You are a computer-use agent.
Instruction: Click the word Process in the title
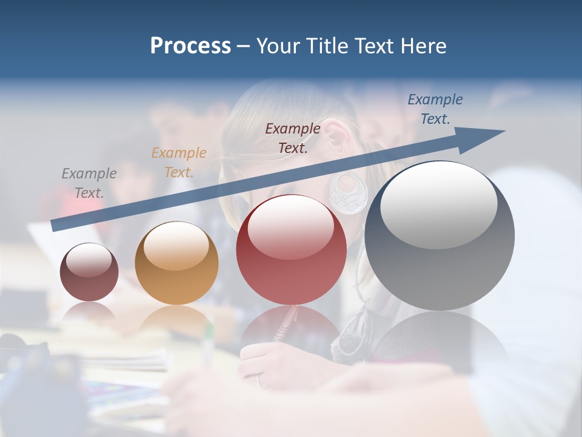click(x=190, y=46)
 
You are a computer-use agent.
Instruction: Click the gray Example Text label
click(x=89, y=183)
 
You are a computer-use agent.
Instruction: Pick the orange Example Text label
click(x=179, y=163)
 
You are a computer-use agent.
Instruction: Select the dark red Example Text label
click(x=293, y=138)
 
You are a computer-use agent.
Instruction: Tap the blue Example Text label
click(x=435, y=109)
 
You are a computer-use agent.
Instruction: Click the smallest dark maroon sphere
click(x=89, y=272)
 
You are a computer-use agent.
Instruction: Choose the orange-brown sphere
click(x=176, y=263)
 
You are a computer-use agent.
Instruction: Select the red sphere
click(x=292, y=249)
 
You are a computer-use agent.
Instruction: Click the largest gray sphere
click(x=440, y=235)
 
